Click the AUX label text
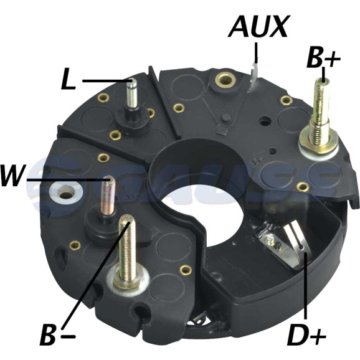point(258,27)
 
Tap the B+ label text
point(323,57)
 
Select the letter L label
point(69,78)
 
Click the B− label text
point(58,336)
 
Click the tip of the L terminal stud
point(132,80)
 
